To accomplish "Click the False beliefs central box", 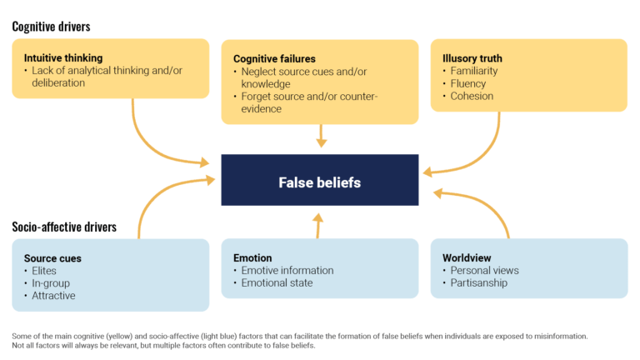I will coord(319,180).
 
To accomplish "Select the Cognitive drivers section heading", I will coord(51,27).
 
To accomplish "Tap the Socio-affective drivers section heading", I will coord(64,227).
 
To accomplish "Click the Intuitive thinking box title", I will coord(63,58).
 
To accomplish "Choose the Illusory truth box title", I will coord(472,58).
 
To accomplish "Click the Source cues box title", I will coord(52,258).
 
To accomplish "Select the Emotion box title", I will coord(252,258).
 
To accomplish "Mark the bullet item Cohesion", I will coord(472,96).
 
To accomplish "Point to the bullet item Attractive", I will coord(53,296).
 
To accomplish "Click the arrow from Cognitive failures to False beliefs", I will coord(321,136).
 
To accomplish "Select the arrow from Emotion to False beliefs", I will coord(317,225).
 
